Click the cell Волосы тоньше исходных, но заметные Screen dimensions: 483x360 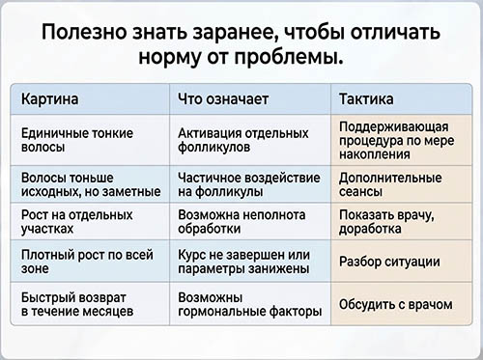tap(91, 184)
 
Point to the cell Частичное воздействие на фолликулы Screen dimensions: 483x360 tap(249, 184)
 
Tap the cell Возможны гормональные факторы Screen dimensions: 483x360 tap(250, 304)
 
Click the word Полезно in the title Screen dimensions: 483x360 tap(84, 32)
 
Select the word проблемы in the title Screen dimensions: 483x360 tap(288, 57)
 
